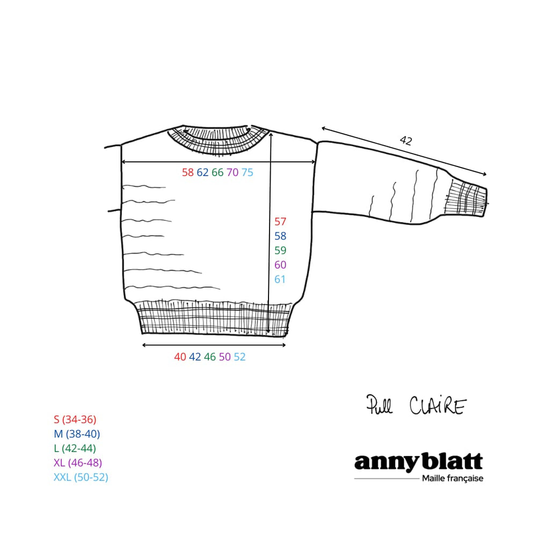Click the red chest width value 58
187,172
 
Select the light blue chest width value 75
247,172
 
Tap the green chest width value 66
217,172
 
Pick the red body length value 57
280,222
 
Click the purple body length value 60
280,265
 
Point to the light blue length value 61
280,279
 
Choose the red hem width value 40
180,357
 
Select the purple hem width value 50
224,357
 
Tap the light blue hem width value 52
240,357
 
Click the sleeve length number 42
406,140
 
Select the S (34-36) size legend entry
75,419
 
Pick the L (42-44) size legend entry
75,448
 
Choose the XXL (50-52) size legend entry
81,477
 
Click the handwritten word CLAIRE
438,405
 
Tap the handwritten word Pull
379,404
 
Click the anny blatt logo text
418,462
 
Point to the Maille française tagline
452,479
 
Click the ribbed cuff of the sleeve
467,199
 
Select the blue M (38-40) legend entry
77,434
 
